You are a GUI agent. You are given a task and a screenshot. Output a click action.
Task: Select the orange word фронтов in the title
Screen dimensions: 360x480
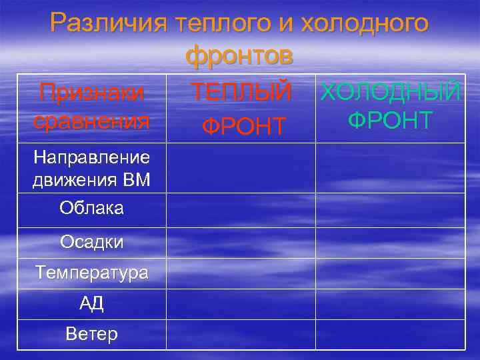click(239, 56)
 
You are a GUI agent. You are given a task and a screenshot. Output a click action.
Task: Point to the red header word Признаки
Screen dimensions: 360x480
click(91, 93)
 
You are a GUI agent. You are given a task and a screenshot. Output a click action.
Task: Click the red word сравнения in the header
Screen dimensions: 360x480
click(91, 122)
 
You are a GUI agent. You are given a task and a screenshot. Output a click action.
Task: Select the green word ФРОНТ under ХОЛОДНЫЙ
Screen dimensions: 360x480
click(391, 121)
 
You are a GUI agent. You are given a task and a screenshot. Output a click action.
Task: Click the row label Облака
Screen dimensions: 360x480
click(91, 209)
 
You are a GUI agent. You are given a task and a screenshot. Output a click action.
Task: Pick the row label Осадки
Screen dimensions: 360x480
click(91, 243)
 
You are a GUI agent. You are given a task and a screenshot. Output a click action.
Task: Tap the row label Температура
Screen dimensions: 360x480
click(91, 273)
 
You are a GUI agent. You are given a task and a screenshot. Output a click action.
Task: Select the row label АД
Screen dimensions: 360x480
click(91, 304)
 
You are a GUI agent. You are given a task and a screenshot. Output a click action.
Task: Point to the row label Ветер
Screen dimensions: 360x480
click(91, 334)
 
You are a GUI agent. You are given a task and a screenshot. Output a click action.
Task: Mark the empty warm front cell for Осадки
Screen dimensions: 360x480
click(241, 243)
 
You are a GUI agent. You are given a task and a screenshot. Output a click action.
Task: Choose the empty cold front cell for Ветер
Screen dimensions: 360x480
click(391, 334)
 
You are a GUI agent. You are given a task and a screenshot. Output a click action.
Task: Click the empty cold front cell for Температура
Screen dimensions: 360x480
click(391, 273)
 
